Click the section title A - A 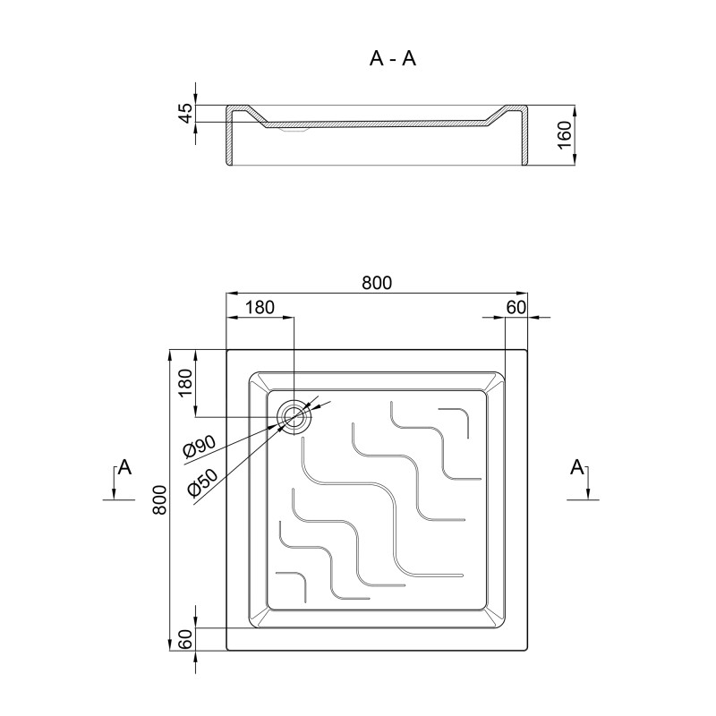393,58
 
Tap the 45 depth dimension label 186,114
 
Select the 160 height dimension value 565,135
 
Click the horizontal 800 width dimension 377,283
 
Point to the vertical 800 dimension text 160,499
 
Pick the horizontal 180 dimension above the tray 260,307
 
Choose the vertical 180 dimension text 186,383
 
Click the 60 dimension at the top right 516,307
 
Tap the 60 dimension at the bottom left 186,639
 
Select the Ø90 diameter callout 199,446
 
